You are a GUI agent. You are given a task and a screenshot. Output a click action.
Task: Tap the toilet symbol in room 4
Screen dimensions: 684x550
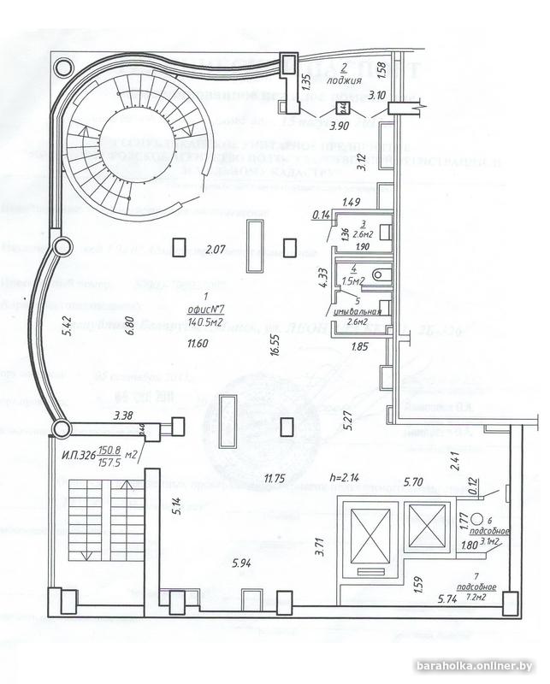(x=382, y=273)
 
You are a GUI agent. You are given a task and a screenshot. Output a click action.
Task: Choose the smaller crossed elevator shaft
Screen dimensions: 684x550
(x=425, y=528)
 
